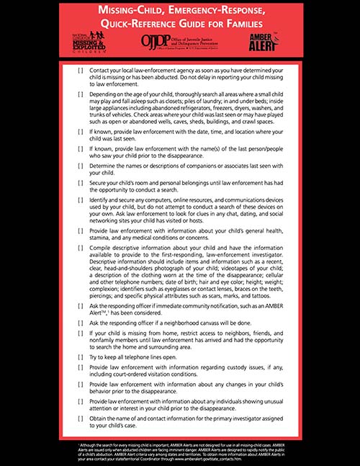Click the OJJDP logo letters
(155, 40)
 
